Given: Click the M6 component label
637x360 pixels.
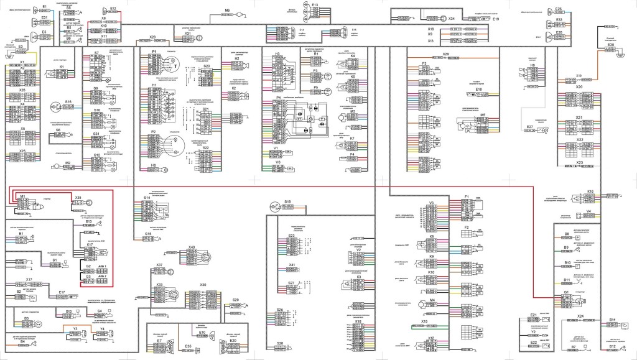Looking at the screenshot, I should pos(227,11).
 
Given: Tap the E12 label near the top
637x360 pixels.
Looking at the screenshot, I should pos(113,8).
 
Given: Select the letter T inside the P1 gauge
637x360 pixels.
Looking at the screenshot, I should pos(175,65).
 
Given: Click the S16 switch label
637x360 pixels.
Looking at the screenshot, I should pos(68,101).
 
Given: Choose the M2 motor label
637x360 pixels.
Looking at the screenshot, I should pos(68,162).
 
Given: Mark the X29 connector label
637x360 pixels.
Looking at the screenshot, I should pos(446,55).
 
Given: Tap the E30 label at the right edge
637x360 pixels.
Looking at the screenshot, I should pos(611,45).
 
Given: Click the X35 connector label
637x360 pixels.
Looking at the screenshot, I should pos(78,198).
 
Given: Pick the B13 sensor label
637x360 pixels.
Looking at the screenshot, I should pos(89,221).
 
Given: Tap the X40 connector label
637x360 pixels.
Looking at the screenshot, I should pos(192,247).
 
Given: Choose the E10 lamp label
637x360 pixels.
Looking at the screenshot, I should pos(203,333).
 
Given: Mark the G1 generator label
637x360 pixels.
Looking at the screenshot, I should pos(567,292).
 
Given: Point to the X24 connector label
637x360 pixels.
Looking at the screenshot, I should pos(580,316).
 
